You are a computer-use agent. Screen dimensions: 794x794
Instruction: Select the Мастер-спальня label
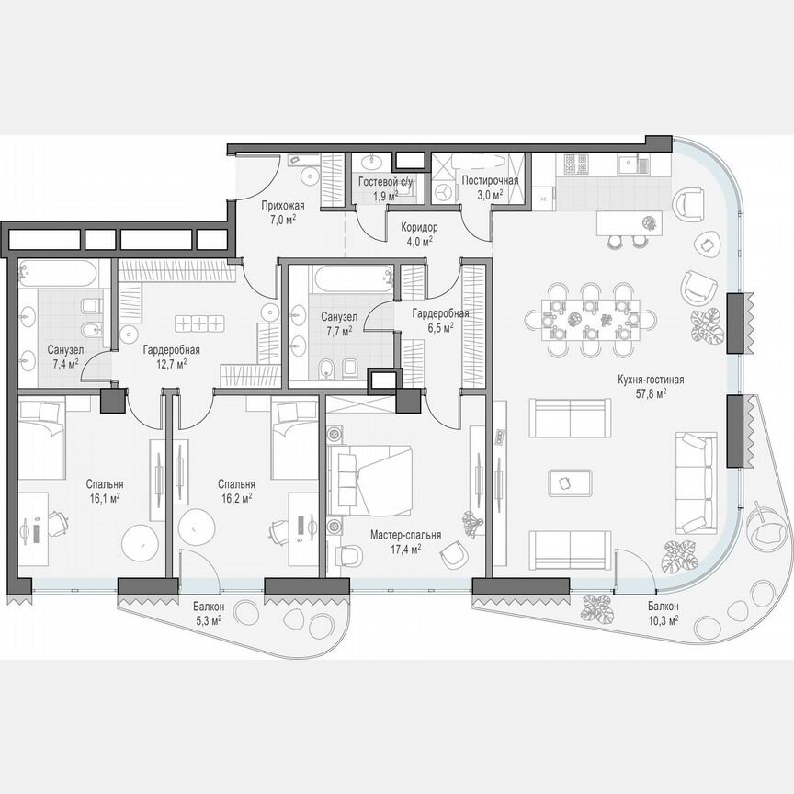[405, 535]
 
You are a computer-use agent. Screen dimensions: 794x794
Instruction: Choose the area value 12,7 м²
[171, 363]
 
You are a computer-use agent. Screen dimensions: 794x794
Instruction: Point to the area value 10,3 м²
[662, 621]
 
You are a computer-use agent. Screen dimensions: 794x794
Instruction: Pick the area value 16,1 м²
[106, 497]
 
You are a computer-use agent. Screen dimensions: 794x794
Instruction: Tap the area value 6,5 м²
[440, 327]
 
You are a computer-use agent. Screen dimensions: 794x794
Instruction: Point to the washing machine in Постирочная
[446, 191]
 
